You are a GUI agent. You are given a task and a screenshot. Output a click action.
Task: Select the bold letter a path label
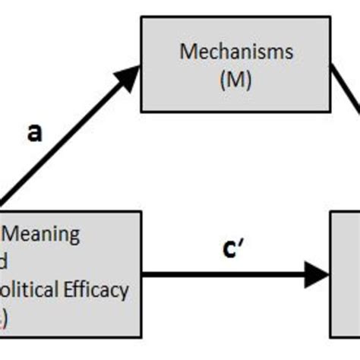35,134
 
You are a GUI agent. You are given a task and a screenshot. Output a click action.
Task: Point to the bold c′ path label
234,249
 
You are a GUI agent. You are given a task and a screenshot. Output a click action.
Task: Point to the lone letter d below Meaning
5,261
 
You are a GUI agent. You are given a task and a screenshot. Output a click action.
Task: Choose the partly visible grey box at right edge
345,273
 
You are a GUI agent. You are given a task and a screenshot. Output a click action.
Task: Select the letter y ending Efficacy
125,292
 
